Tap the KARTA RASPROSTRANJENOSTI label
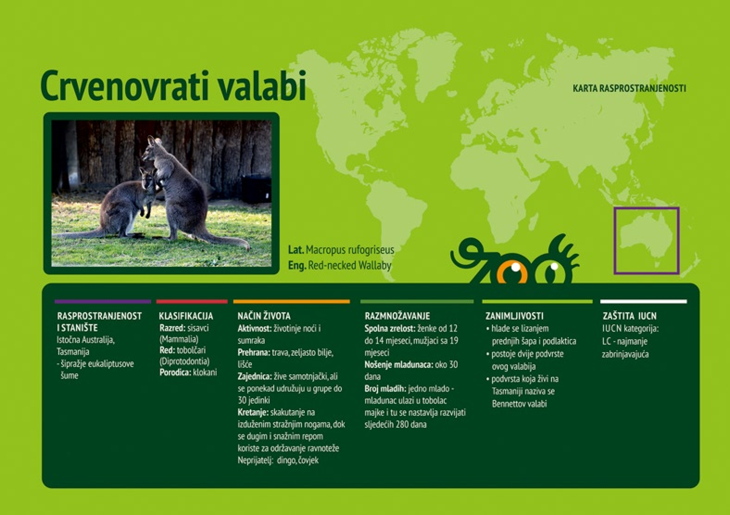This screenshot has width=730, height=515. coord(629,88)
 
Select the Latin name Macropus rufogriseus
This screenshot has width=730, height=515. coord(350,250)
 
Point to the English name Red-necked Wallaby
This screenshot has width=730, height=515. coord(350,265)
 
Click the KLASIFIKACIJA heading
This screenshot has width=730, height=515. coord(186,316)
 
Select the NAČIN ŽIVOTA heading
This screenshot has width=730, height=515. coord(264,316)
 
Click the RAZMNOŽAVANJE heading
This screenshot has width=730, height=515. coord(397,316)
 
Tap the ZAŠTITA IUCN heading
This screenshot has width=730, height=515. coord(629,316)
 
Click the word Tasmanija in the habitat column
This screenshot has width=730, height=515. coord(73,351)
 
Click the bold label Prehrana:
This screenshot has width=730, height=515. coord(253,352)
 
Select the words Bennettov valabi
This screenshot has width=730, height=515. coord(519,404)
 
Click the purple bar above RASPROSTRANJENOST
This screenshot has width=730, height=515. coord(102,301)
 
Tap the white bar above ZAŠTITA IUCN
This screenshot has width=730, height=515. coord(643,301)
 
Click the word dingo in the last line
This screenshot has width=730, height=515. coord(286,460)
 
